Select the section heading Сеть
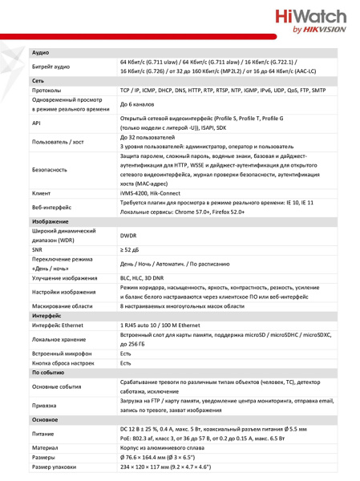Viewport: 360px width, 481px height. pyautogui.click(x=38, y=82)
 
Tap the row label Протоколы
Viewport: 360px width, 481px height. pyautogui.click(x=47, y=91)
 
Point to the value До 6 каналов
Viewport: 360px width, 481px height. pyautogui.click(x=138, y=105)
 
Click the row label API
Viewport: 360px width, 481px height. pyautogui.click(x=35, y=123)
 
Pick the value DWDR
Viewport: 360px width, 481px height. pyautogui.click(x=128, y=236)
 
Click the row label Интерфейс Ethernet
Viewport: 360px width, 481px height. pyautogui.click(x=59, y=326)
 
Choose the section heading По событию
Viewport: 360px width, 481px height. pyautogui.click(x=49, y=373)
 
